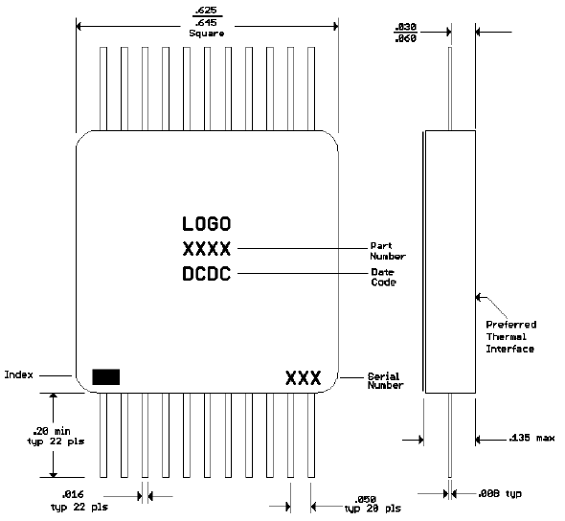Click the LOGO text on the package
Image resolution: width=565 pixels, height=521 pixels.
[206, 225]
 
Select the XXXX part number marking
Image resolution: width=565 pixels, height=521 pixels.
[206, 250]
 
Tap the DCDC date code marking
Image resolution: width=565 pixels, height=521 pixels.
[206, 275]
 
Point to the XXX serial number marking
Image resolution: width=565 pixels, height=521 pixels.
[303, 377]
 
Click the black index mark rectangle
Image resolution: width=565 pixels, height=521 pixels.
[105, 376]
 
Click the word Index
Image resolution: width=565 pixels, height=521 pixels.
[20, 374]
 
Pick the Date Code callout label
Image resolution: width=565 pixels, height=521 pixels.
[383, 277]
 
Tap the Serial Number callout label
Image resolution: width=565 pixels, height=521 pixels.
[386, 380]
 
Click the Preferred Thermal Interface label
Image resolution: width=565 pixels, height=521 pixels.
[510, 336]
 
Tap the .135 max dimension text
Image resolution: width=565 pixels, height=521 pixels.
[532, 440]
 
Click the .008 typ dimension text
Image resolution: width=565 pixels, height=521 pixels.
[500, 494]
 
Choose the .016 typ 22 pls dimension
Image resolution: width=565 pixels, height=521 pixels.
[81, 500]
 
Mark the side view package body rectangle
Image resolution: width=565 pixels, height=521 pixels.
[448, 260]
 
